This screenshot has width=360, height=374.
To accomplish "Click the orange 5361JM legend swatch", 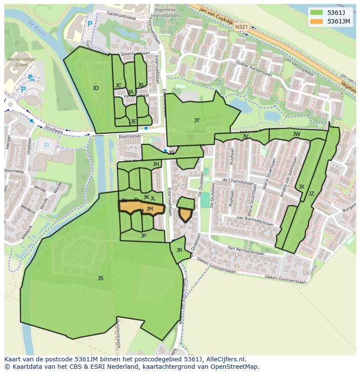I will pyautogui.click(x=317, y=21).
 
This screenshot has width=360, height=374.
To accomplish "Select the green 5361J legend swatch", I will pyautogui.click(x=317, y=12).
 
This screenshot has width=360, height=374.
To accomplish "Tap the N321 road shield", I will pyautogui.click(x=242, y=27).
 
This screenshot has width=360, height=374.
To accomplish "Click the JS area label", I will pyautogui.click(x=100, y=278).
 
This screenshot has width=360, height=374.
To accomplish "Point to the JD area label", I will pyautogui.click(x=96, y=88).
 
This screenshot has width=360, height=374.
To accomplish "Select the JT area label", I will pyautogui.click(x=197, y=121).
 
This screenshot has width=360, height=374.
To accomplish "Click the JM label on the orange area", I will pyautogui.click(x=150, y=209).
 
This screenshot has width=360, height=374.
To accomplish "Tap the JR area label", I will pyautogui.click(x=179, y=250).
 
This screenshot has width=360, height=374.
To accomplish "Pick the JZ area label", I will pyautogui.click(x=311, y=194).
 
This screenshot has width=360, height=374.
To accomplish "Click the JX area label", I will pyautogui.click(x=301, y=187).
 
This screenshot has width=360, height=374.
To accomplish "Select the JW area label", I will pyautogui.click(x=297, y=134).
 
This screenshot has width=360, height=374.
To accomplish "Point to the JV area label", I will pyautogui.click(x=245, y=136).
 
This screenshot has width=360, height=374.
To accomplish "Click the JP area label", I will pyautogui.click(x=143, y=236).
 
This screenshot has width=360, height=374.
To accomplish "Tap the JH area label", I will pyautogui.click(x=156, y=164).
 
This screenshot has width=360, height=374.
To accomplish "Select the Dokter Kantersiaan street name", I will pyautogui.click(x=253, y=69).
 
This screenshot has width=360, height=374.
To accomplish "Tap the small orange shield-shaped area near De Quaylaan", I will pyautogui.click(x=186, y=215).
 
